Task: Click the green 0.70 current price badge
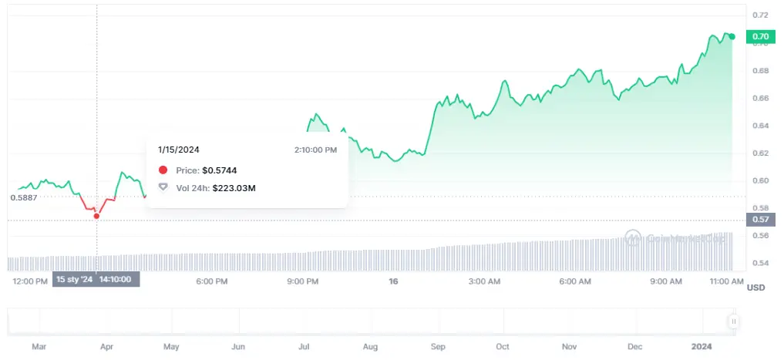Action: (x=760, y=36)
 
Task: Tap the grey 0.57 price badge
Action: (x=760, y=219)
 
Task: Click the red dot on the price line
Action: (x=96, y=216)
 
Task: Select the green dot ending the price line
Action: (x=732, y=36)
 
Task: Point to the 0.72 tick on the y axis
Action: (x=759, y=15)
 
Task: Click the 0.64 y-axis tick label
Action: (x=759, y=126)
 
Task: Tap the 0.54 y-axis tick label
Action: (x=759, y=264)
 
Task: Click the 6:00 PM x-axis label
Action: (x=211, y=282)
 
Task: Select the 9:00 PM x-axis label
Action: (x=302, y=282)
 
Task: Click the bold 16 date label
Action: (x=393, y=282)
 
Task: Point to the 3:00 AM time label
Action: (x=484, y=282)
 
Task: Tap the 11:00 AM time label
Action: (x=725, y=282)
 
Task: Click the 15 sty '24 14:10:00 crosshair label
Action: (x=96, y=280)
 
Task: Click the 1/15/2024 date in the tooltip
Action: (x=179, y=150)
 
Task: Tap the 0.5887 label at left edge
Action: (x=23, y=197)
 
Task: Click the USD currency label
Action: (x=755, y=288)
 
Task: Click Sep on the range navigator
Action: (x=439, y=347)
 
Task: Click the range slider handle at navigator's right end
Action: (x=734, y=321)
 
